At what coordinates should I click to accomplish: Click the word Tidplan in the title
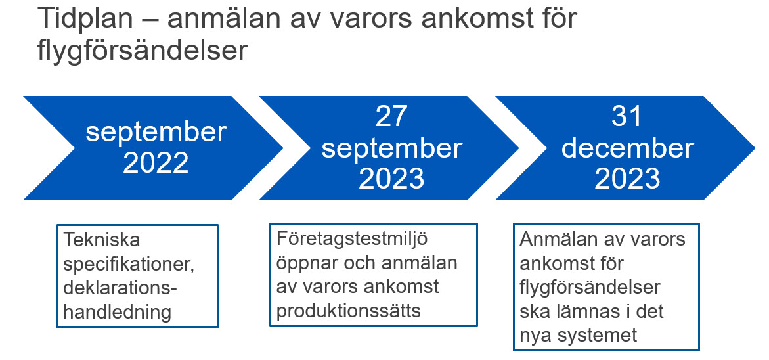(84, 20)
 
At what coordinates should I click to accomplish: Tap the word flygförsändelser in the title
(143, 51)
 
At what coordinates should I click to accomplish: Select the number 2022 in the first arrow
(156, 163)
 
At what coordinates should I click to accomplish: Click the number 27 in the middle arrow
(391, 118)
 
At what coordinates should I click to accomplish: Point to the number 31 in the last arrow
(626, 118)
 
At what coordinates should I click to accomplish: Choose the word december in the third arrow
(627, 148)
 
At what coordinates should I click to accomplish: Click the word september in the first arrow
(156, 133)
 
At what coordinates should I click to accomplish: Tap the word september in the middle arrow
(391, 149)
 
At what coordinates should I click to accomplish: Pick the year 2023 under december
(627, 179)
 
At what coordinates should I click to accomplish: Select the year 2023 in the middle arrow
(391, 179)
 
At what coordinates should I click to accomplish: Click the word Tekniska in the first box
(102, 240)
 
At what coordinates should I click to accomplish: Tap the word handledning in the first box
(117, 312)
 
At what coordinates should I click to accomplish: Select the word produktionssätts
(349, 311)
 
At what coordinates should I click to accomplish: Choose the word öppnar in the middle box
(307, 264)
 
